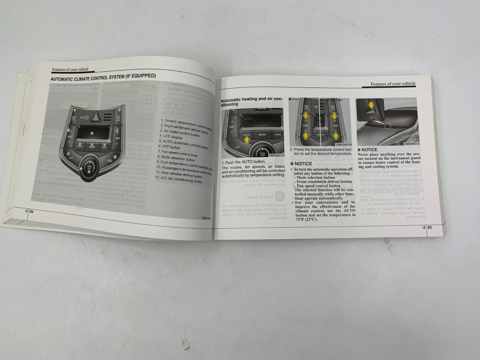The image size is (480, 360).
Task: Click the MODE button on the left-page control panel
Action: [x=92, y=147]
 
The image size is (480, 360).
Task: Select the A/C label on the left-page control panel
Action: [x=71, y=157]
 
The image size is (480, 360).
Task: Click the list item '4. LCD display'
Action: [x=171, y=137]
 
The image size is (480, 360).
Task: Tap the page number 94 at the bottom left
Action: [x=31, y=211]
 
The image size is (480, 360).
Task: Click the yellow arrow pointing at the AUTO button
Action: [x=247, y=138]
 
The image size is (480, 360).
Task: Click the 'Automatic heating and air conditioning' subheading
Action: [x=251, y=101]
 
